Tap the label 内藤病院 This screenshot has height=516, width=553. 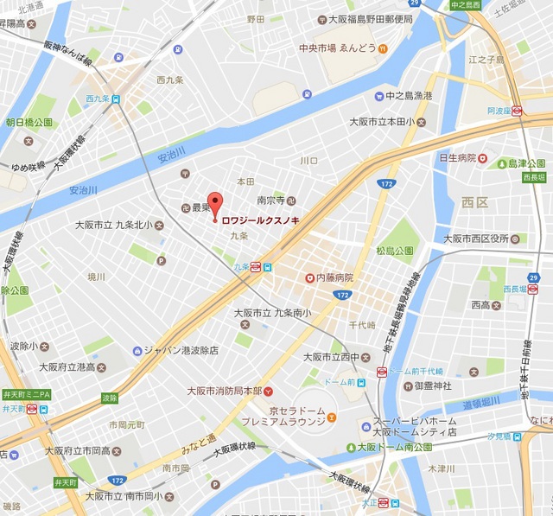pos(334,277)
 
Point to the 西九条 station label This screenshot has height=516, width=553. pos(99,98)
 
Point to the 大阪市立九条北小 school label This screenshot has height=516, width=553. pos(114,226)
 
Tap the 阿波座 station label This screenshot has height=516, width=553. pos(499,111)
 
